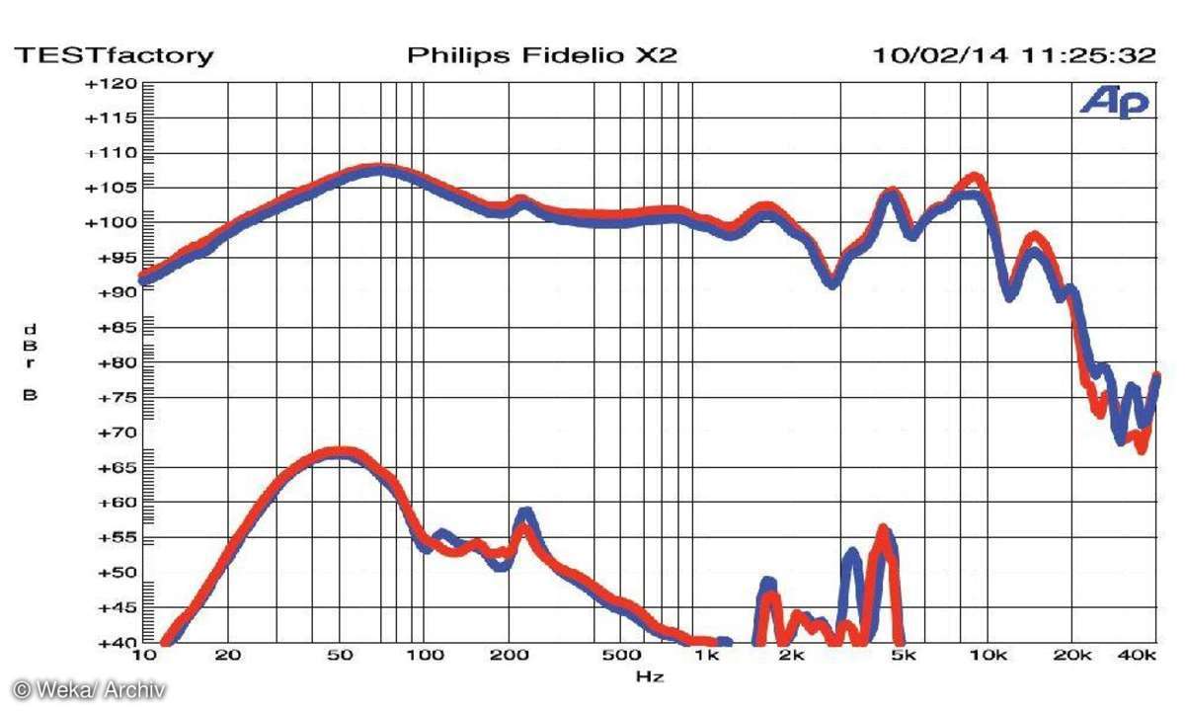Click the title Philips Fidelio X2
(542, 55)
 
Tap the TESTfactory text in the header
(113, 55)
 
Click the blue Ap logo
(1115, 101)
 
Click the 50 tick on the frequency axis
(340, 656)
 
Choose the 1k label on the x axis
(705, 656)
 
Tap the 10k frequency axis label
(987, 656)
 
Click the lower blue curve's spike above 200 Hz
(525, 513)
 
